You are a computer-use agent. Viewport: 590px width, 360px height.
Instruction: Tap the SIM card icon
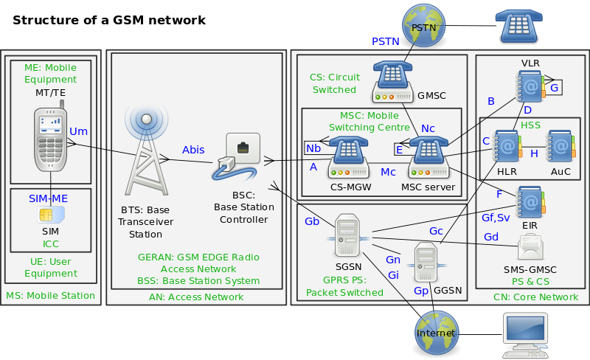tap(50, 215)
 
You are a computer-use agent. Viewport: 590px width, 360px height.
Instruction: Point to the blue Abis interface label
tap(193, 150)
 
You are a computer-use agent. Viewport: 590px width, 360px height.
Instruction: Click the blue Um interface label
tap(78, 131)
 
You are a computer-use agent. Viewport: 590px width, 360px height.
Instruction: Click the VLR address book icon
tap(530, 87)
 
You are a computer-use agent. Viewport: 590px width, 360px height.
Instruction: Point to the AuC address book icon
tap(560, 148)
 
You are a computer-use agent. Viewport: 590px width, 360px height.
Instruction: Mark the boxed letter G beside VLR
tap(554, 88)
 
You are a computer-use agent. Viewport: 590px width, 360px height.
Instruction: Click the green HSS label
tap(531, 125)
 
